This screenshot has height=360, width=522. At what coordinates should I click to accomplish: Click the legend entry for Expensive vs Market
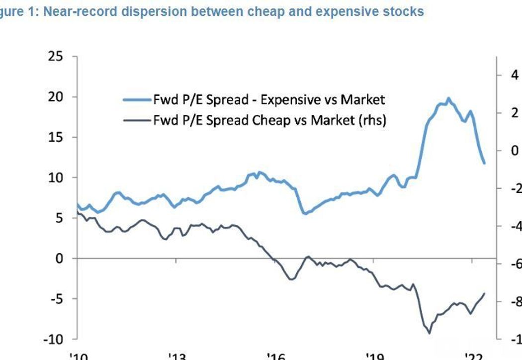(x=269, y=100)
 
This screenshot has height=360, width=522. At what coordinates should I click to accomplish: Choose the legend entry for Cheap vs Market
(x=269, y=119)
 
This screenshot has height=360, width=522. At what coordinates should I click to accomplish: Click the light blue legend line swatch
(x=137, y=100)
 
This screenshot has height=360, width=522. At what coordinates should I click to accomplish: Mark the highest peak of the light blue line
(x=448, y=98)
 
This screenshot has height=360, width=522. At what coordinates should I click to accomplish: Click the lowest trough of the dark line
(x=430, y=333)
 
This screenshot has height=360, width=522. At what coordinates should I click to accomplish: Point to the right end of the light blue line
(x=484, y=163)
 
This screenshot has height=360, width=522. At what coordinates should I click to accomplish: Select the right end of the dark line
(x=484, y=293)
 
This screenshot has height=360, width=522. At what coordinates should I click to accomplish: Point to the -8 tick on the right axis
(x=515, y=302)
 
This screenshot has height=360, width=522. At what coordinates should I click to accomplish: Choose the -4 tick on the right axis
(x=515, y=226)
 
